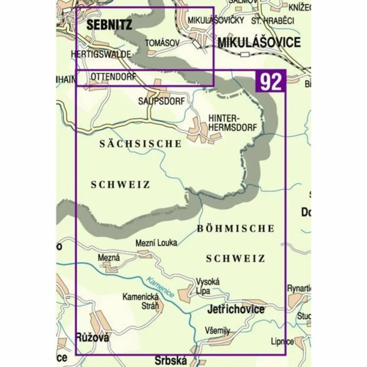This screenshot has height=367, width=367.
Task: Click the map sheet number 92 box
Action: click(x=271, y=81)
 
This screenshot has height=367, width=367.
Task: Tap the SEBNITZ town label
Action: click(x=109, y=25)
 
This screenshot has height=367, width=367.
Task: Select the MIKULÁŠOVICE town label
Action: click(x=259, y=43)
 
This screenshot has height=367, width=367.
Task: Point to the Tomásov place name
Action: click(x=162, y=43)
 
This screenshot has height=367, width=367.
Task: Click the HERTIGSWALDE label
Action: click(x=101, y=54)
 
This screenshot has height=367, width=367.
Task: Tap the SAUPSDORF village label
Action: click(x=161, y=101)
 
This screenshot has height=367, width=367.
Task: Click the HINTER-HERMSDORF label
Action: click(x=233, y=122)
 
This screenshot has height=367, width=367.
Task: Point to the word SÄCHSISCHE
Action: click(x=141, y=144)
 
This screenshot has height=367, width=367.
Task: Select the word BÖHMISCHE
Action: click(x=235, y=228)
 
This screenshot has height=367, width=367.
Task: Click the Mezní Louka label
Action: click(x=156, y=243)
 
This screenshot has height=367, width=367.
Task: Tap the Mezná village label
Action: click(x=109, y=257)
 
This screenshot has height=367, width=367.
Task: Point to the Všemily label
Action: click(x=217, y=330)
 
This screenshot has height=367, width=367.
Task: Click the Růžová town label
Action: click(x=92, y=338)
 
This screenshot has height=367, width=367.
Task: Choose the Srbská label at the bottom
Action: click(x=170, y=360)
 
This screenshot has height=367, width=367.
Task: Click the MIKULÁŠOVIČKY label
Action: click(x=216, y=20)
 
